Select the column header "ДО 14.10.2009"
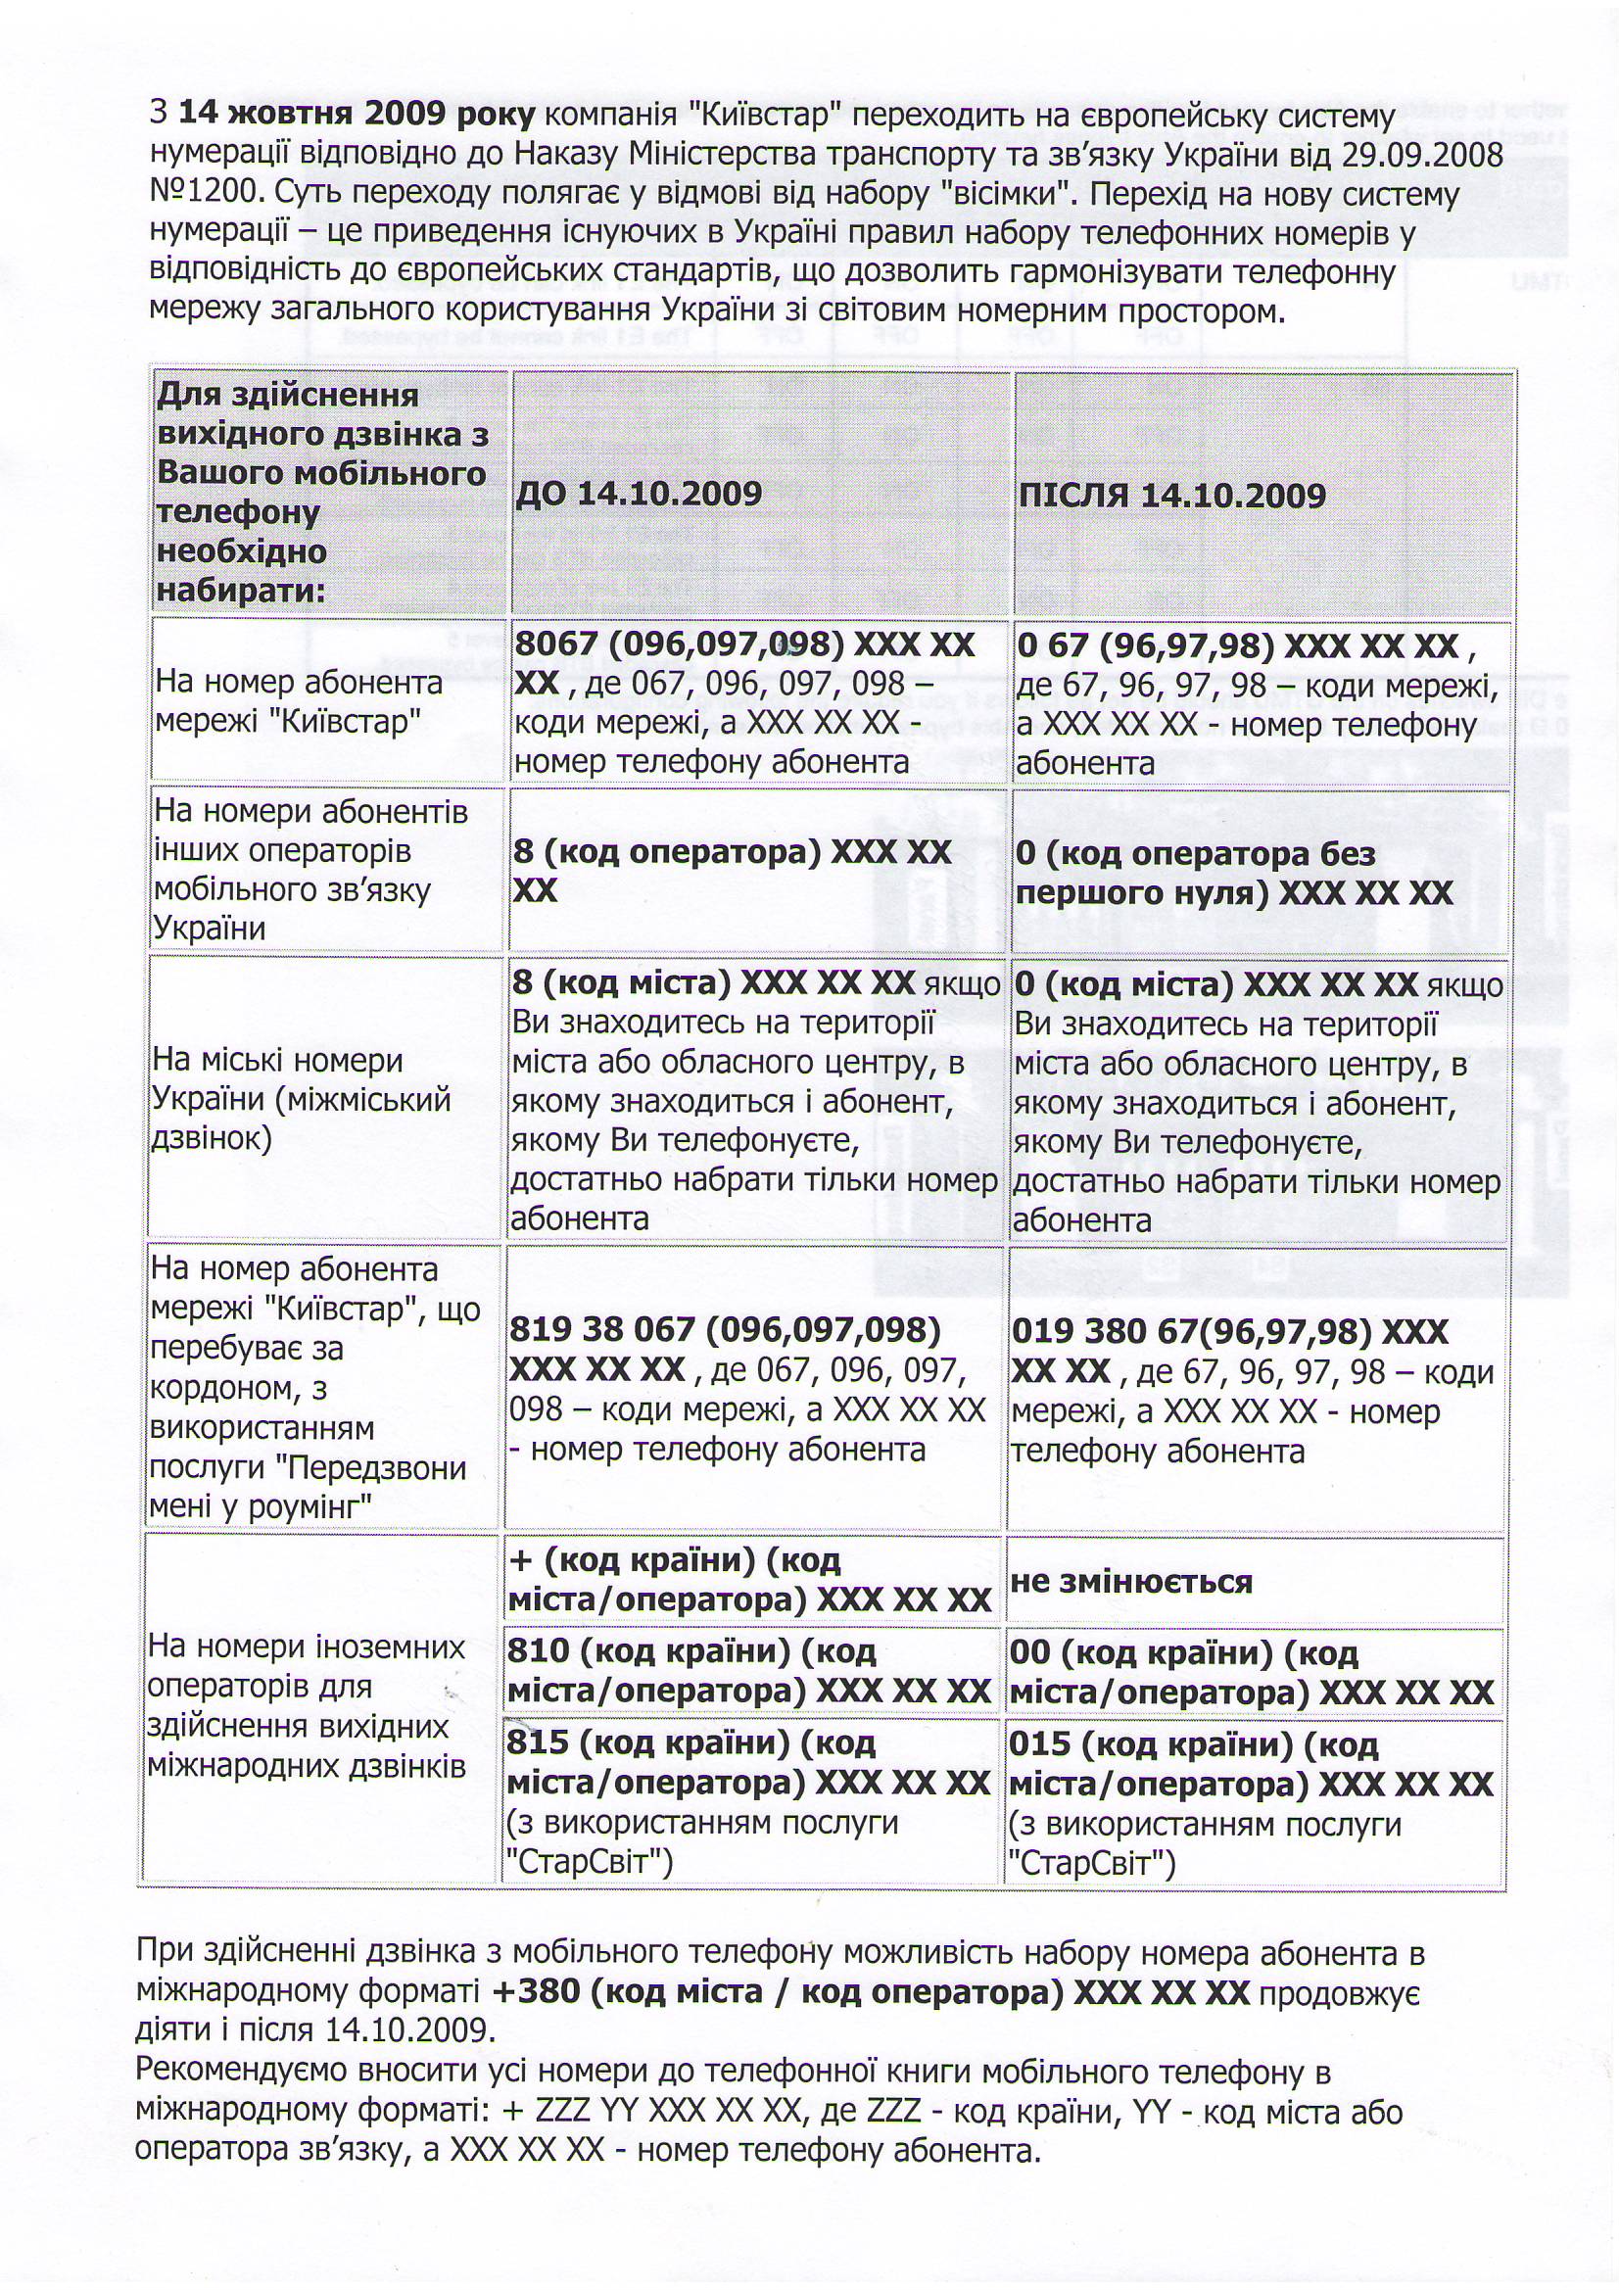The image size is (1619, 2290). (639, 494)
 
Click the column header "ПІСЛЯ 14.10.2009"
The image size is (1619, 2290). (1171, 496)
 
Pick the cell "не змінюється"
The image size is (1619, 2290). (1130, 1582)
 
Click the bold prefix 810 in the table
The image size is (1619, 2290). (537, 1651)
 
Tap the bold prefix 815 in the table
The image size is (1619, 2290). (537, 1742)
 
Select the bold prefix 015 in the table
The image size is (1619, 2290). (1038, 1744)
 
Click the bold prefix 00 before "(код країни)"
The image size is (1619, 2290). (1028, 1653)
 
